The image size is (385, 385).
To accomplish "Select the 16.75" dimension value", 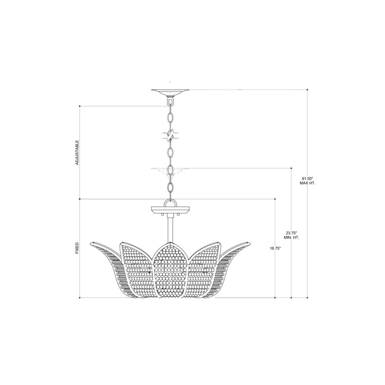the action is tap(275, 248).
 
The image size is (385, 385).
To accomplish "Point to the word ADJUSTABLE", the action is tap(77, 152).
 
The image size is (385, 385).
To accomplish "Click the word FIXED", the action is tap(77, 248).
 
